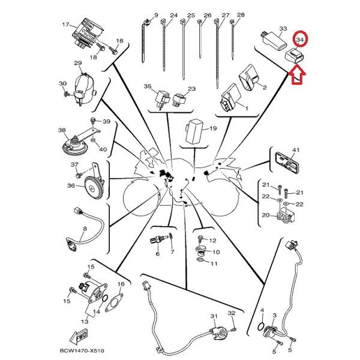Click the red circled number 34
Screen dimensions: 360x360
pos(300,40)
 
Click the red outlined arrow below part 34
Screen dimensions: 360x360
pos(297,75)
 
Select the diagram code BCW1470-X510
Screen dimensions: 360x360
pos(82,350)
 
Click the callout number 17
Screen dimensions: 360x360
pos(65,24)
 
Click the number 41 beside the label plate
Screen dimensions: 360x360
pos(296,149)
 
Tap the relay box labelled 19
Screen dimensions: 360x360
pos(194,131)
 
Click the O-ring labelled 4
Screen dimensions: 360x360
pos(261,326)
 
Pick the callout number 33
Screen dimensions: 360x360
pos(283,28)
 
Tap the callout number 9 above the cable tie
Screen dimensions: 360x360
pos(156,16)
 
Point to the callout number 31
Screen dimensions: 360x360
pos(214,316)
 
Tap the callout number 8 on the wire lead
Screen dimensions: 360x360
pos(85,229)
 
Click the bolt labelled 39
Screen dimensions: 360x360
pos(93,121)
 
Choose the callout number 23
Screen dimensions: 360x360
pos(192,89)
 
